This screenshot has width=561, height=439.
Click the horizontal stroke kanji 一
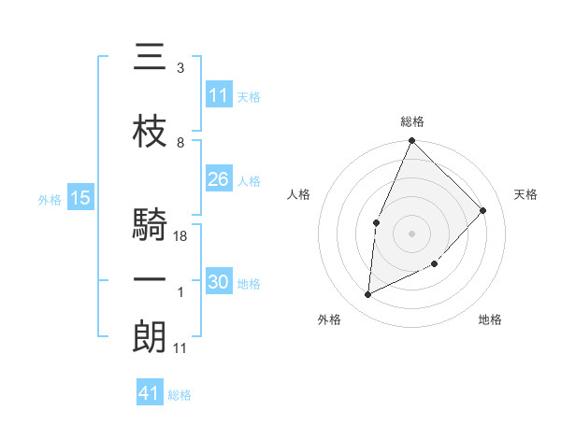point(150,280)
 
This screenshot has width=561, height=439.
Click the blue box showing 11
point(219,95)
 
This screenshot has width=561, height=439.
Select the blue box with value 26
point(219,179)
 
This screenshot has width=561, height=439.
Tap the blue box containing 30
point(219,282)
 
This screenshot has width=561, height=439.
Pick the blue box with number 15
point(79,198)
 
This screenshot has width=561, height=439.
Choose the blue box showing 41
point(150,393)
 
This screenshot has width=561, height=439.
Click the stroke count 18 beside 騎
point(181,236)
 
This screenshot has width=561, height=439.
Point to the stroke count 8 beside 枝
point(180,143)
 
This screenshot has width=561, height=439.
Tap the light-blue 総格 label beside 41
point(180,395)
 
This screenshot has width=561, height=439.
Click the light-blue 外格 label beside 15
point(50,199)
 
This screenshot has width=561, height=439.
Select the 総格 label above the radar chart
point(411,121)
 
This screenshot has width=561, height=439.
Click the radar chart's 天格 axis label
point(526,194)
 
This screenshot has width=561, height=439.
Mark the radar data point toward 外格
point(368,295)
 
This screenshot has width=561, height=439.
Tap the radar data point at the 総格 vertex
point(411,141)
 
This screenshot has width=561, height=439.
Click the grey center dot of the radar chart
point(411,233)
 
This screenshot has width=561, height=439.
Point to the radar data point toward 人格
point(376,222)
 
